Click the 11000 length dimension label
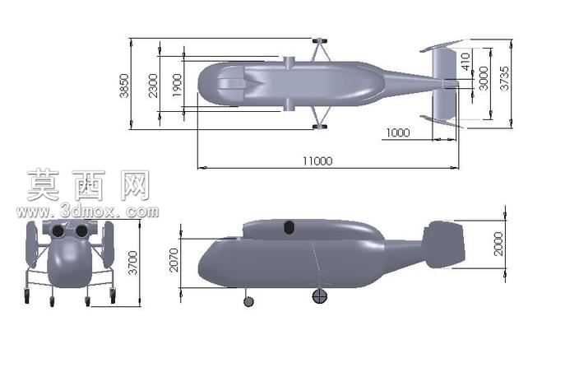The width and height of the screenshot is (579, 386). [317, 161]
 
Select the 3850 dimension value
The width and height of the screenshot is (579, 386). [124, 86]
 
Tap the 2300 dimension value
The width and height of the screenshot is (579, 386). [153, 86]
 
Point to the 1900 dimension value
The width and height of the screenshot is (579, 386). [178, 86]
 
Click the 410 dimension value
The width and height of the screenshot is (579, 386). [466, 62]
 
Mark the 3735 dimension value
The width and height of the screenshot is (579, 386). [503, 78]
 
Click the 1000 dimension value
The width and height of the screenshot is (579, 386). [398, 133]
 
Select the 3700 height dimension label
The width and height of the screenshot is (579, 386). [132, 263]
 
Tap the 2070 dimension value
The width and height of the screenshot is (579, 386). [174, 260]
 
